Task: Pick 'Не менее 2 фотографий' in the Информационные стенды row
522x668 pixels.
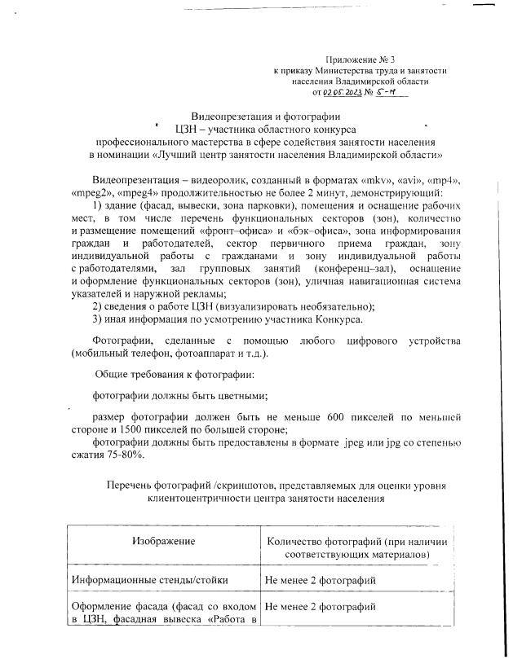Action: (x=321, y=581)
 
